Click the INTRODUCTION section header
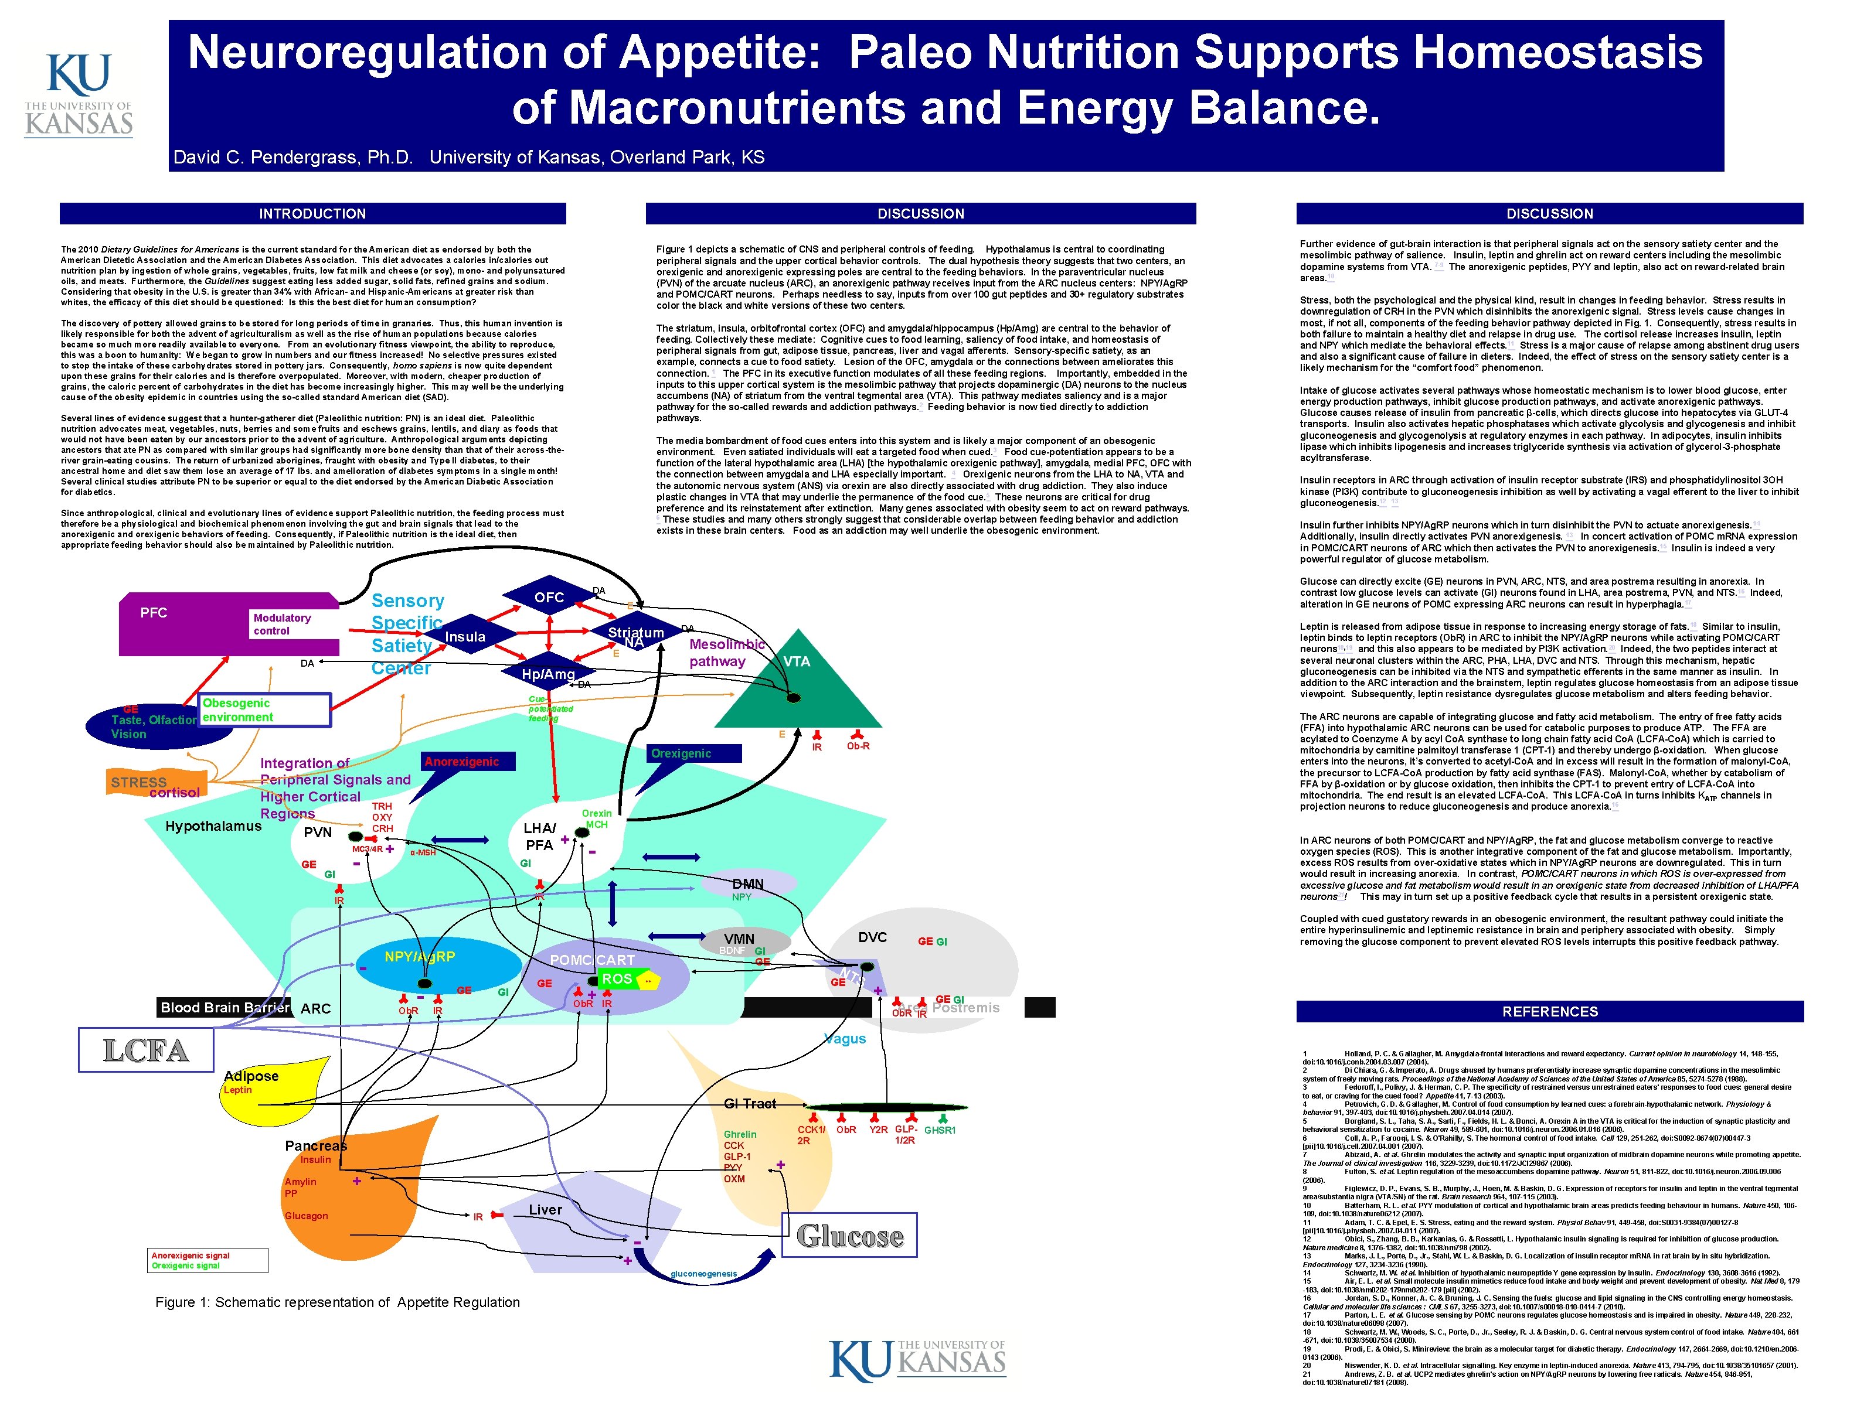pos(312,213)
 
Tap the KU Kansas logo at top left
pos(79,94)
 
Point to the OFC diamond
pos(549,598)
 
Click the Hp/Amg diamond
pos(547,674)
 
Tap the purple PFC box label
pos(154,613)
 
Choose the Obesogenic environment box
pos(264,709)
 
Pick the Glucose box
pos(850,1236)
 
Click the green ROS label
pos(617,978)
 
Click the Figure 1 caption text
pos(337,1302)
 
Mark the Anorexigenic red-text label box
pos(462,762)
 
